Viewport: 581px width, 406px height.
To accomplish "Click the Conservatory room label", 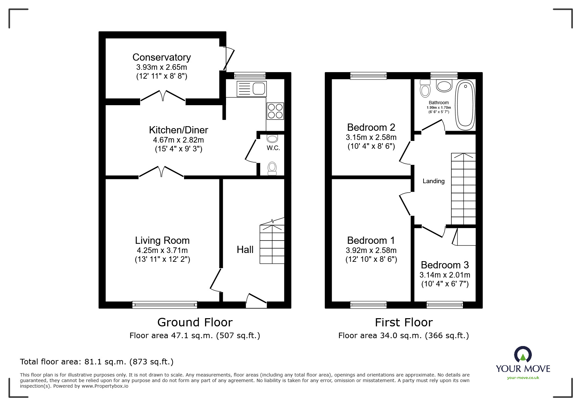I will (161, 57).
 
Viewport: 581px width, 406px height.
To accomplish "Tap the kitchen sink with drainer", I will (251, 88).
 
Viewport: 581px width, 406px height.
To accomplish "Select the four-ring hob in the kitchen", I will (275, 111).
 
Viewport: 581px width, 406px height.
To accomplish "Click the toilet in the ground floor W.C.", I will (272, 168).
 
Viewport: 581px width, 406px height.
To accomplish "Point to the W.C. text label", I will (273, 148).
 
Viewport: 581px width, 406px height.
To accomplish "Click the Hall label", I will (245, 250).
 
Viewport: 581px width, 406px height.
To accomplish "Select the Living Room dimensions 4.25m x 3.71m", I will (162, 251).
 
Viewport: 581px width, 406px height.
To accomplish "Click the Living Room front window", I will (165, 305).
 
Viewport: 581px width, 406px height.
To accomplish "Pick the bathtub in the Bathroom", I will (465, 105).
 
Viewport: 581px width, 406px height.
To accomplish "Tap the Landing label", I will (433, 181).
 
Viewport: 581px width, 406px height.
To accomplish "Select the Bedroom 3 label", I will (445, 265).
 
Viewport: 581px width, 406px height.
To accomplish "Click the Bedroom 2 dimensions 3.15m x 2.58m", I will (371, 137).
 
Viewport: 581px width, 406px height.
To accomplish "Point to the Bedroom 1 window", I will (368, 305).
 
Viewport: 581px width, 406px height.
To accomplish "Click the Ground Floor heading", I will (195, 322).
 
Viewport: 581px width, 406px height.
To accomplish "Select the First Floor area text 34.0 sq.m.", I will (404, 336).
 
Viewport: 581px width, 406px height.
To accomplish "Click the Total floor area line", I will (97, 362).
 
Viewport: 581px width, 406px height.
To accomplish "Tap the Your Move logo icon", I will (523, 355).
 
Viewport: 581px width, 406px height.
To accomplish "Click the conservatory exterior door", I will (229, 59).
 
